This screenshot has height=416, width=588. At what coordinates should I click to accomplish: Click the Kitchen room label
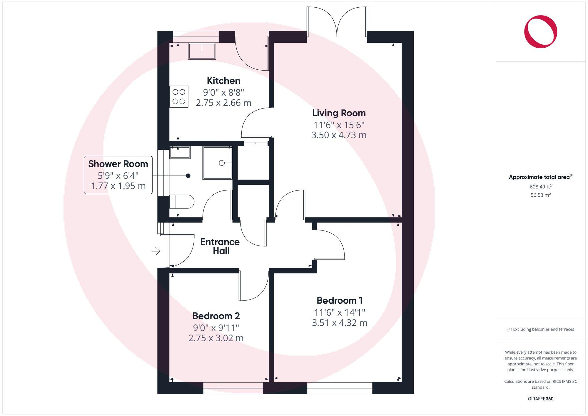(x=223, y=81)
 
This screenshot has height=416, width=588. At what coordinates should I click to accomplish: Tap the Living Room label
(x=339, y=113)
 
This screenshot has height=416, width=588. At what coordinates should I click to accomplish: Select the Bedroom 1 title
(x=340, y=300)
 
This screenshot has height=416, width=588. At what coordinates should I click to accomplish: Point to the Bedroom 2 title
(x=216, y=316)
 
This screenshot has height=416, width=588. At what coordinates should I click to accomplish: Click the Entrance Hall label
(x=220, y=246)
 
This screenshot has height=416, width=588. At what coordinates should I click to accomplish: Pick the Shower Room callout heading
(x=118, y=164)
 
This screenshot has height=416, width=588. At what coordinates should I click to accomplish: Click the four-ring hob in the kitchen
(x=179, y=96)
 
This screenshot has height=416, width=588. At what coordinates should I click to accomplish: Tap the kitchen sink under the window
(x=202, y=51)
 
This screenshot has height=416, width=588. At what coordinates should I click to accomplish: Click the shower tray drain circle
(x=222, y=163)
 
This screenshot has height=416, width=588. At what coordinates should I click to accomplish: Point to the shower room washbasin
(x=180, y=152)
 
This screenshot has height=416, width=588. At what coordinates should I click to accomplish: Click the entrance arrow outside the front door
(x=156, y=251)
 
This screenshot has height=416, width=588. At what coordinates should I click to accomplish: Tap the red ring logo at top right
(x=540, y=32)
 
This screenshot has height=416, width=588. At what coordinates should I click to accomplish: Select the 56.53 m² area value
(x=540, y=195)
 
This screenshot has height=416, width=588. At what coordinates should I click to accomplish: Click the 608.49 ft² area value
(x=540, y=187)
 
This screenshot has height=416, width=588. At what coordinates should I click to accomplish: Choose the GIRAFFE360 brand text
(x=540, y=399)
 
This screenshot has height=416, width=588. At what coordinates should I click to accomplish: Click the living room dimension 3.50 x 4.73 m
(x=339, y=135)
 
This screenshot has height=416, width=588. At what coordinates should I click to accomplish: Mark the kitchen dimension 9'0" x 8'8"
(x=223, y=93)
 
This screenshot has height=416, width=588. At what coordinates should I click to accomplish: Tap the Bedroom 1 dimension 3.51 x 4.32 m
(x=340, y=323)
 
